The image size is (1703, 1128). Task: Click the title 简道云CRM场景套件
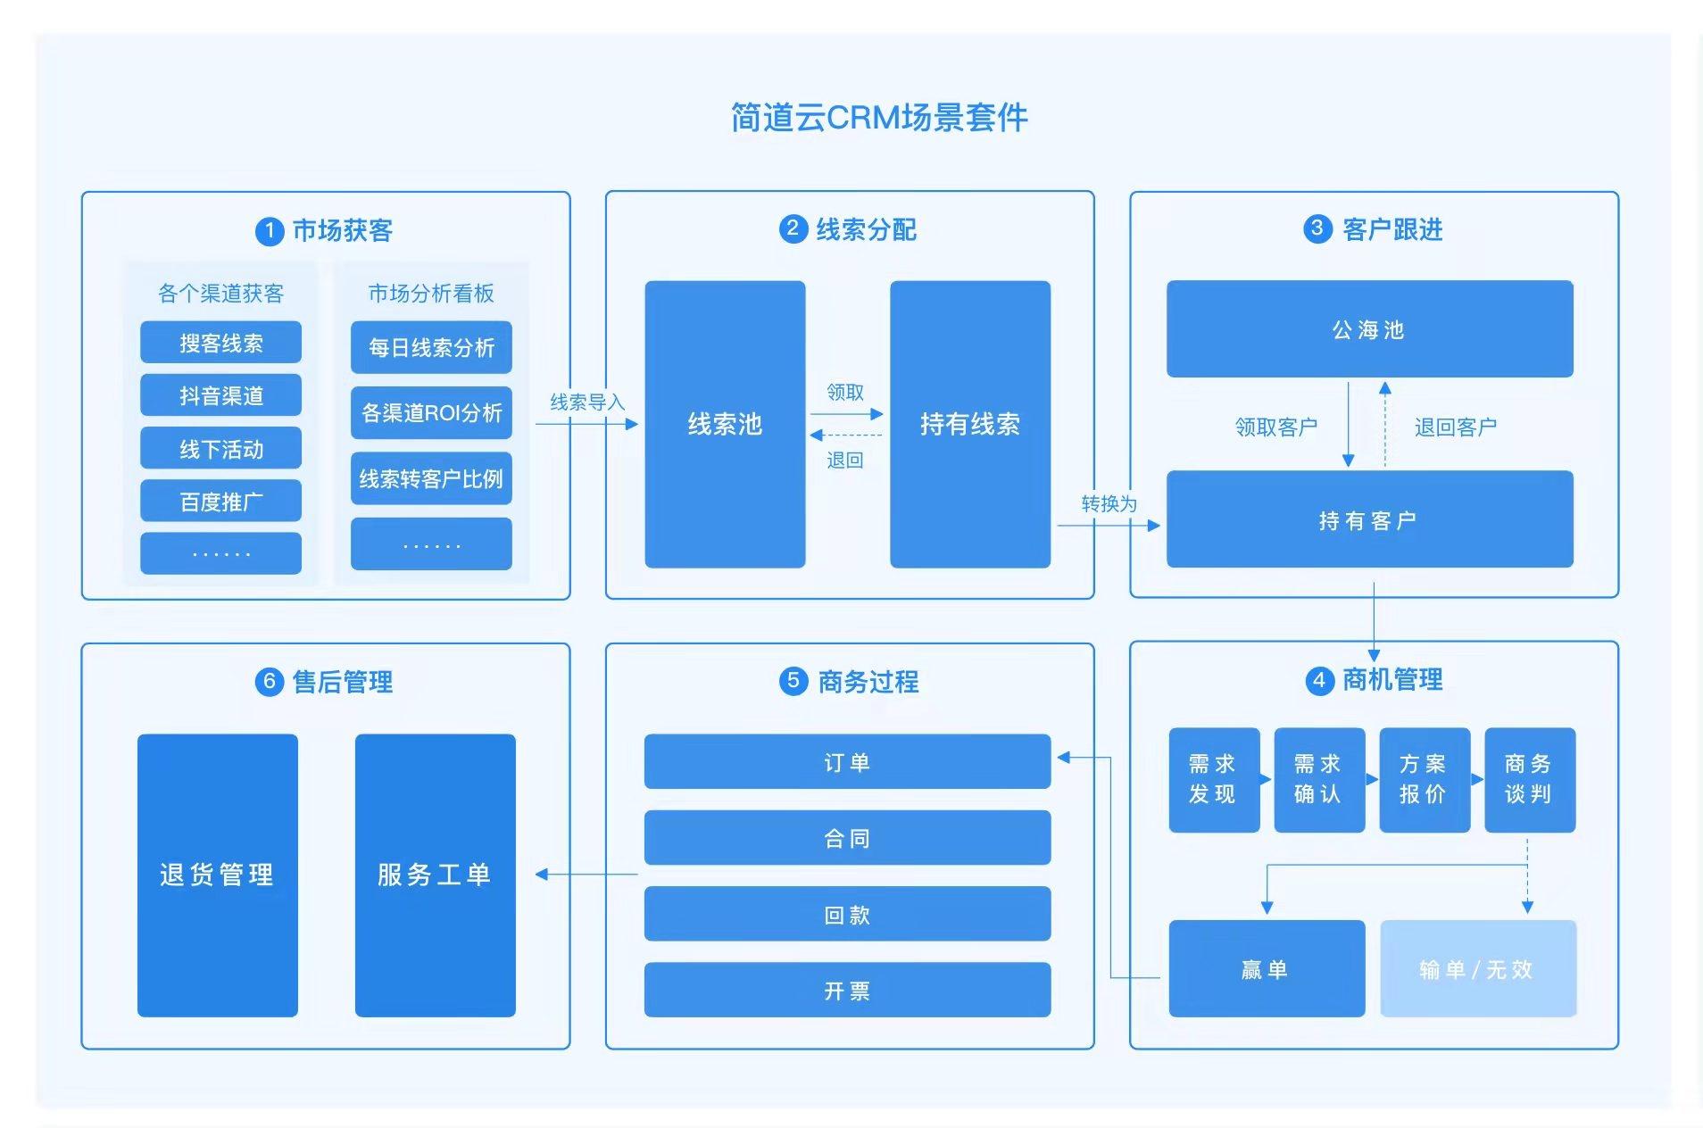(878, 118)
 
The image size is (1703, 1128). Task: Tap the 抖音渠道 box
(220, 395)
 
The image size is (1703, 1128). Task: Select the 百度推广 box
(220, 502)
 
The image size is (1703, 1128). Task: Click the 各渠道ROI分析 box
(431, 412)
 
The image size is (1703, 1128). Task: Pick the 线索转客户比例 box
(431, 478)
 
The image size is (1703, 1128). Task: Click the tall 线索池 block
(725, 424)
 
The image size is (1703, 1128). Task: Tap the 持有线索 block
(969, 424)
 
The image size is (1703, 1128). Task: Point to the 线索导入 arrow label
(586, 402)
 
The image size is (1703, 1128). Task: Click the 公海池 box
(1368, 329)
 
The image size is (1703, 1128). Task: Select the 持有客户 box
(1368, 519)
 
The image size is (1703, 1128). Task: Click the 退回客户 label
(1455, 427)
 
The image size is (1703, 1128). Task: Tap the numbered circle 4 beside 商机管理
(1319, 681)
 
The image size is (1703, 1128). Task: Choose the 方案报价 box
(1424, 779)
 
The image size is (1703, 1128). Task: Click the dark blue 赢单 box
(1266, 968)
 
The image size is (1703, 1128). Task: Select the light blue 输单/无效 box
(1477, 968)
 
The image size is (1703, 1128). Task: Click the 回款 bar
(846, 914)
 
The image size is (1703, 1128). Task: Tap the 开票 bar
(846, 990)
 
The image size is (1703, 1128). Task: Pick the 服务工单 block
(435, 875)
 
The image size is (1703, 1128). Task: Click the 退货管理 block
(217, 875)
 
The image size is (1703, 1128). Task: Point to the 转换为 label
(1109, 504)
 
